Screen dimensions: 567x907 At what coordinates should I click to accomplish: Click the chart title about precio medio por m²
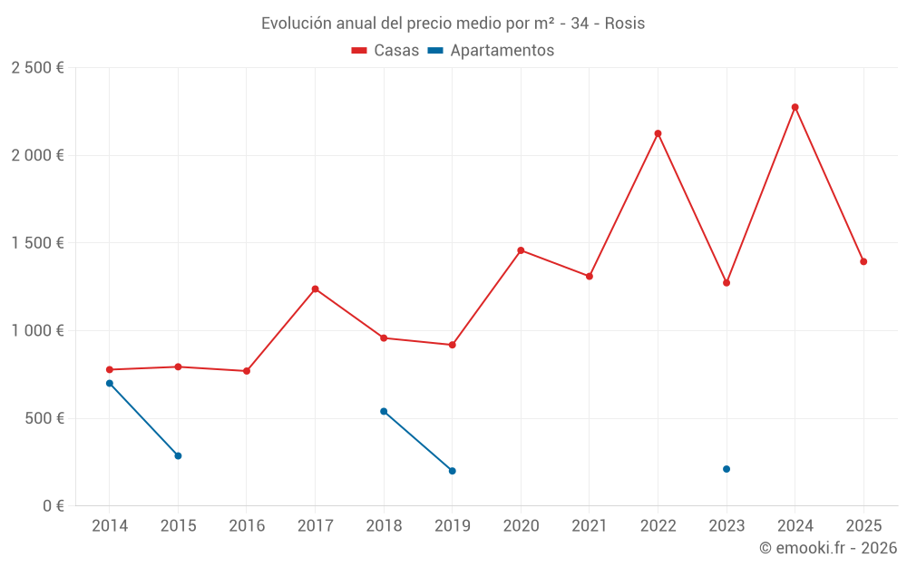tap(453, 24)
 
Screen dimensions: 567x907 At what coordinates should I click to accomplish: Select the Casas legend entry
tap(385, 51)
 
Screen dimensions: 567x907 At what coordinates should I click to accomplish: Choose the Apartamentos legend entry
tap(491, 51)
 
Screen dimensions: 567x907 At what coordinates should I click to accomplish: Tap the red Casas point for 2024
tap(795, 107)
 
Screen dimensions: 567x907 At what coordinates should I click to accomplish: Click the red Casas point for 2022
tap(658, 133)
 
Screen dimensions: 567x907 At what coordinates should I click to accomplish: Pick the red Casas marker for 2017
tap(315, 289)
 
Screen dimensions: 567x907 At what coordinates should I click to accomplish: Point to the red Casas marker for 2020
tap(521, 250)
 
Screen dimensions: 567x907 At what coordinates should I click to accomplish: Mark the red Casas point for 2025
tap(863, 261)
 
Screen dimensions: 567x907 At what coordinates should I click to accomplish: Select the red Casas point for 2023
tap(727, 283)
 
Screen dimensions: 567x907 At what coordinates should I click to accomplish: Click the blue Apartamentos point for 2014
tap(110, 383)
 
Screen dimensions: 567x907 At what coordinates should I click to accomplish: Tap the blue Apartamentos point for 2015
tap(178, 455)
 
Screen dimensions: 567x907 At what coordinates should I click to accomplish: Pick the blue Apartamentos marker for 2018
tap(384, 411)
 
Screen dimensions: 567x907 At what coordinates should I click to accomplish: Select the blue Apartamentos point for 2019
tap(452, 471)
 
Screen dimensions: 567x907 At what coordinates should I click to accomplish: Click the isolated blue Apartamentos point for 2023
tap(727, 469)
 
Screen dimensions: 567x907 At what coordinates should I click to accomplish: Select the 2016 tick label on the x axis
tap(247, 526)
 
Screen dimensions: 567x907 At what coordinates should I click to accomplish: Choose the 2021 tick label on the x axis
tap(590, 526)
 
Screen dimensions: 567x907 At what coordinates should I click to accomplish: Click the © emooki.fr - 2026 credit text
tap(827, 548)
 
